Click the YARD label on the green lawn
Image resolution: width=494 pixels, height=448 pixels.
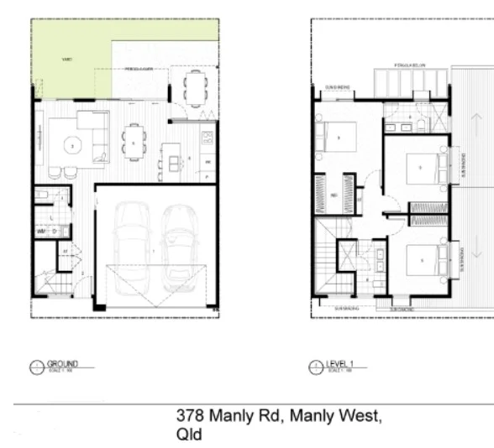pos(66,60)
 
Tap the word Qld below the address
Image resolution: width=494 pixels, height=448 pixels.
pos(189,435)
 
